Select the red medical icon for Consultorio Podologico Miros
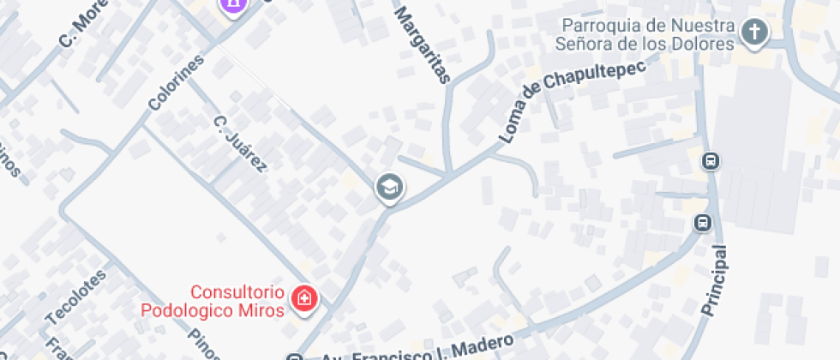[x=304, y=299]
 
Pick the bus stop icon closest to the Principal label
[x=702, y=223]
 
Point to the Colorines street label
[x=177, y=83]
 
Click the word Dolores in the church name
[x=707, y=43]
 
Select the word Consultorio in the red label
[x=237, y=292]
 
